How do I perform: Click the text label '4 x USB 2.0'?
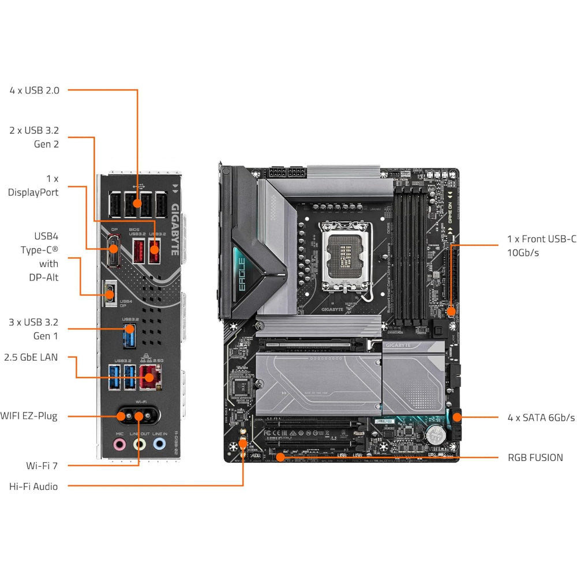pos(34,90)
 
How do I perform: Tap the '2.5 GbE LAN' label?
pos(31,357)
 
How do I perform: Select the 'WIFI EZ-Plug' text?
pos(29,415)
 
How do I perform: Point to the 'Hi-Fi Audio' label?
pos(33,486)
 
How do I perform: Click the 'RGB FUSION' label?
pos(535,458)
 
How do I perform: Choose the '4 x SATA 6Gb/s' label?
pos(541,417)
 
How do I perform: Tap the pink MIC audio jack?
pos(119,444)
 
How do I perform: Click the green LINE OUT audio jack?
pos(139,444)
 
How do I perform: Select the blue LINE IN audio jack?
pos(159,444)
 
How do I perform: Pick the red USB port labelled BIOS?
pos(138,251)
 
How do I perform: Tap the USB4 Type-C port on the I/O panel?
pos(110,293)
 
